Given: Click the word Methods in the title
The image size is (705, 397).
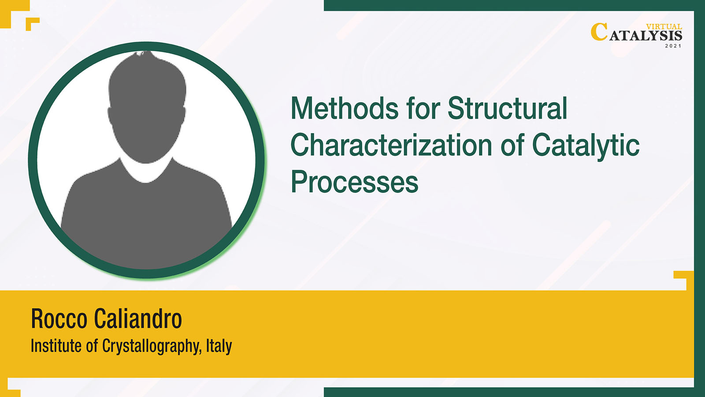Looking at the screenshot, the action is tap(345, 108).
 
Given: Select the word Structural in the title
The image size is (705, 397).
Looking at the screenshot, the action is tap(507, 108).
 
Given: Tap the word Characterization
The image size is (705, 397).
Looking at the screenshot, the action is tap(391, 145).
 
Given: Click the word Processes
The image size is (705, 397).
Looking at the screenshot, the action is tap(354, 182).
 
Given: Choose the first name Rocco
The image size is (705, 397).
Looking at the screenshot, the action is tap(59, 318).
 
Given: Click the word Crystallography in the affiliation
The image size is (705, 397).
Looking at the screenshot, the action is tap(152, 347).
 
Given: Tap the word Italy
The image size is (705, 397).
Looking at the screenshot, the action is tap(219, 346).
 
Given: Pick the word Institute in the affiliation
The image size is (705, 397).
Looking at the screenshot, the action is tap(56, 345).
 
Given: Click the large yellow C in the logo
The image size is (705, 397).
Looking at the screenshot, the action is tap(599, 32).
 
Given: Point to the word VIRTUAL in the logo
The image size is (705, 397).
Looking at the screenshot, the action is tap(664, 27).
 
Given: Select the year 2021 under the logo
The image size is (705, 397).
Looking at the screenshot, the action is tap(673, 46).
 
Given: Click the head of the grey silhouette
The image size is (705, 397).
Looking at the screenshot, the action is tap(147, 107).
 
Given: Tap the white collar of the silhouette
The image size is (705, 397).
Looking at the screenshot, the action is tap(146, 172).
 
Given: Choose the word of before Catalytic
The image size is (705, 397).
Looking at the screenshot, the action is tap(512, 145).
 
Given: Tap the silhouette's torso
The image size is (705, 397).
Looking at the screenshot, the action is tap(146, 217).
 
